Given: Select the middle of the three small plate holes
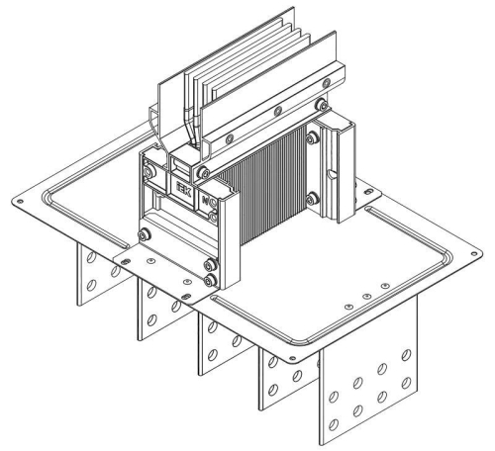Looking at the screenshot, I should [x=367, y=297].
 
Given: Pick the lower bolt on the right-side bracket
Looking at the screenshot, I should [x=313, y=201].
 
